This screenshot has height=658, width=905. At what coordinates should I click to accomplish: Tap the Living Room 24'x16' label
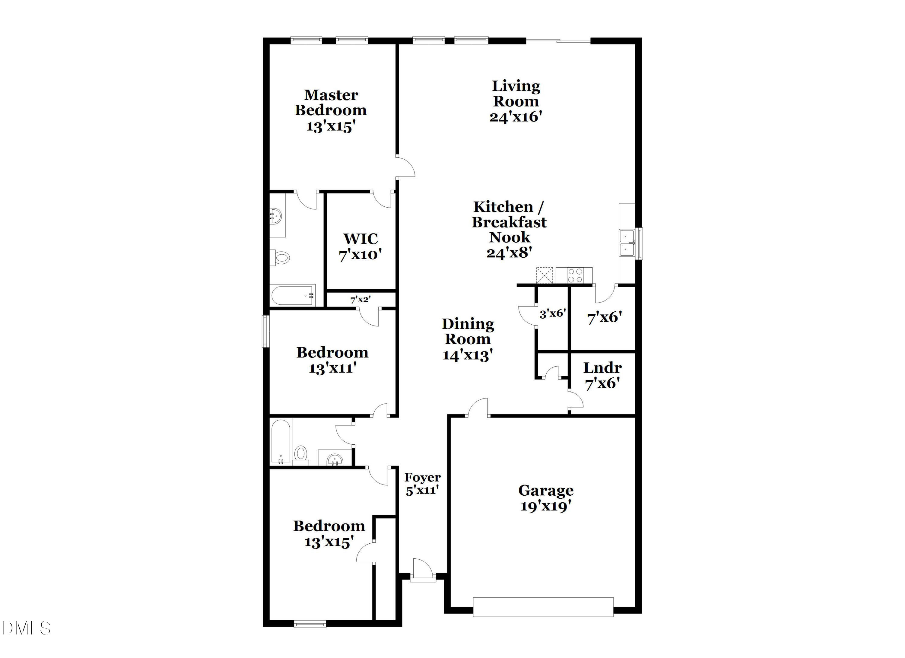(x=516, y=101)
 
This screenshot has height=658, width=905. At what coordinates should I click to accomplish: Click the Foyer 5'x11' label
(x=422, y=483)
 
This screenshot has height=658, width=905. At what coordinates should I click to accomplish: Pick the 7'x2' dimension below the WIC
(x=360, y=300)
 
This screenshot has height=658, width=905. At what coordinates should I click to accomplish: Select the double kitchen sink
(x=627, y=243)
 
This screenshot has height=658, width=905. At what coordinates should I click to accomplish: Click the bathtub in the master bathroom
(x=293, y=295)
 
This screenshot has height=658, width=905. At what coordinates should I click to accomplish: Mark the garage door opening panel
(x=543, y=607)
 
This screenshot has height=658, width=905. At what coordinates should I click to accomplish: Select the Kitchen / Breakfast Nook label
(x=509, y=230)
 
